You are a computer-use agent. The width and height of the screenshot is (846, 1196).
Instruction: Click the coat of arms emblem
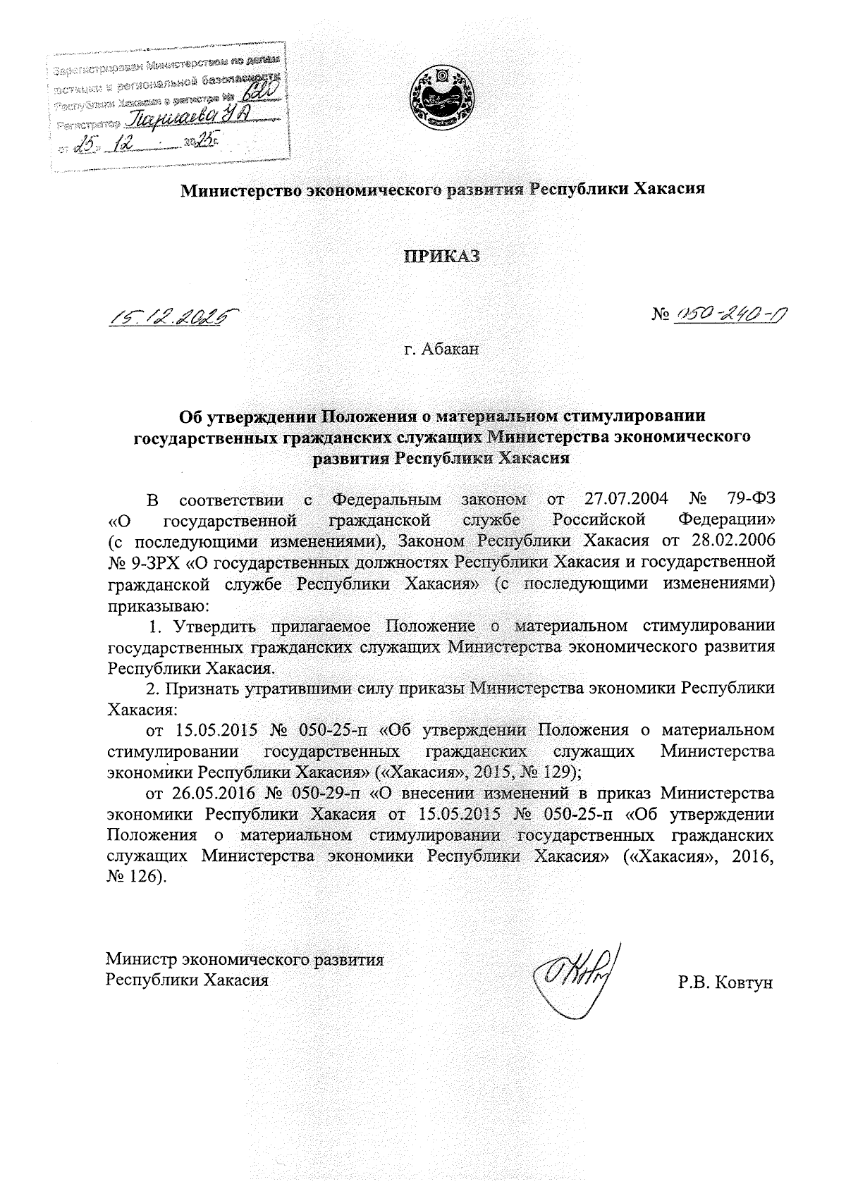pyautogui.click(x=443, y=98)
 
